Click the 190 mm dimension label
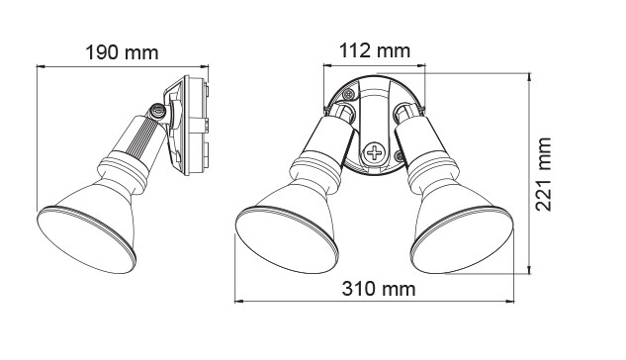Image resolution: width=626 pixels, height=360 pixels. (x=123, y=52)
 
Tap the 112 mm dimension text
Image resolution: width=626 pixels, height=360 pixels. (x=375, y=50)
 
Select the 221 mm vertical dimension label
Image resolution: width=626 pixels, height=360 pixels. (x=543, y=174)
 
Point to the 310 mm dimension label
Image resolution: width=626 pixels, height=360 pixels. (x=379, y=289)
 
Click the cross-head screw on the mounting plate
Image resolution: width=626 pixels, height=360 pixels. (x=375, y=152)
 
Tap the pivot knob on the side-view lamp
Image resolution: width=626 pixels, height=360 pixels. (x=157, y=111)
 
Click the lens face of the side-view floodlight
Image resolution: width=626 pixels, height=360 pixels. (x=87, y=239)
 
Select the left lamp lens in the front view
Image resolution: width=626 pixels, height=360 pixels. (x=287, y=239)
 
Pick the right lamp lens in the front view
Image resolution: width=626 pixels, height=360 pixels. (x=462, y=239)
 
